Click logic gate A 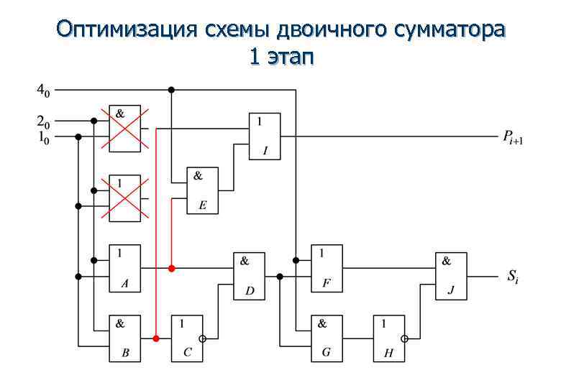[124, 268]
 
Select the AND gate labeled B [124, 338]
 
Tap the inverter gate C [186, 338]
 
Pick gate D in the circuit [249, 276]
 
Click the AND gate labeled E [202, 190]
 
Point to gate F [327, 268]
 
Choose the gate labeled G [327, 338]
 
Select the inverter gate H [388, 338]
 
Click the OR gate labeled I [265, 135]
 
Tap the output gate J [451, 276]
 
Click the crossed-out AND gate [124, 128]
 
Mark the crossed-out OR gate [124, 198]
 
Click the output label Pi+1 [513, 137]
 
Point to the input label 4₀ [44, 91]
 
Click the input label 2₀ [44, 121]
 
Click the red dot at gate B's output [156, 338]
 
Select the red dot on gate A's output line [171, 268]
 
